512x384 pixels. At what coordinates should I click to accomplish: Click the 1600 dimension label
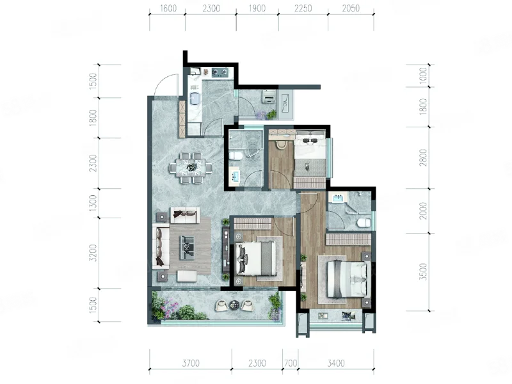click(x=168, y=8)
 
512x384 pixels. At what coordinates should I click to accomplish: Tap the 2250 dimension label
click(x=303, y=8)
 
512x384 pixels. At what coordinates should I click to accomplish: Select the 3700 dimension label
click(x=191, y=363)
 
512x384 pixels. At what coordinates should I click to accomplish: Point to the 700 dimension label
click(x=291, y=363)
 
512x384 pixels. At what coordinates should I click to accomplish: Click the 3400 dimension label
click(x=336, y=363)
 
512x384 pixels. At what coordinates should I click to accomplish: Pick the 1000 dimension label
click(x=423, y=76)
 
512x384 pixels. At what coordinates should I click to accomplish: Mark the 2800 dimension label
click(x=423, y=157)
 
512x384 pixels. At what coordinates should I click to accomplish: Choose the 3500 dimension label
click(x=423, y=271)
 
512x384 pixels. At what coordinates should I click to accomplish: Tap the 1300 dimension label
click(x=93, y=203)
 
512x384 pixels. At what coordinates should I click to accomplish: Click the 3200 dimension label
click(x=93, y=253)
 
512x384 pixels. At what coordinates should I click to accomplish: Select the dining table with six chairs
click(x=191, y=168)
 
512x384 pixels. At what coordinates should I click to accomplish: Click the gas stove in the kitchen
click(x=220, y=72)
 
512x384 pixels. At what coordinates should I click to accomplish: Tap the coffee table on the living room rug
click(x=187, y=248)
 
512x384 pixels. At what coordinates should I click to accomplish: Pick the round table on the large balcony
click(x=234, y=305)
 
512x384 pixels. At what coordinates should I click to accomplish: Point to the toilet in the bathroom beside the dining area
click(x=236, y=156)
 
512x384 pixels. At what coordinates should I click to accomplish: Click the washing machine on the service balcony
click(x=269, y=97)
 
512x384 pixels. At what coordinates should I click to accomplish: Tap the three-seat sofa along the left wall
click(x=161, y=246)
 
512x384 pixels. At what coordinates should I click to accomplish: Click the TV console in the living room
click(x=226, y=250)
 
